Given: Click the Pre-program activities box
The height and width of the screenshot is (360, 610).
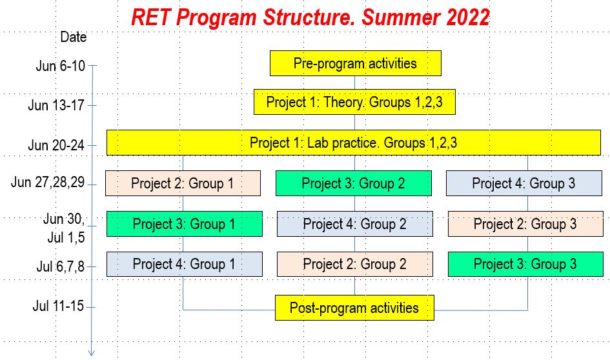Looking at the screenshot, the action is coord(356,63).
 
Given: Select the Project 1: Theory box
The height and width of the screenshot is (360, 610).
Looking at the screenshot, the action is coord(354,102).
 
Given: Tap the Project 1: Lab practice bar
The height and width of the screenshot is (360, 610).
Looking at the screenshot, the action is coord(354,143).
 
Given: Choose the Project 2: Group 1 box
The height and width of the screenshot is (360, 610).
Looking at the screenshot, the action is coord(183,183).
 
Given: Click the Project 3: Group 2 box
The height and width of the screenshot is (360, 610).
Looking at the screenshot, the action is coord(354,183).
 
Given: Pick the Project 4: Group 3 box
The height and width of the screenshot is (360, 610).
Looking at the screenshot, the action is coord(524,183).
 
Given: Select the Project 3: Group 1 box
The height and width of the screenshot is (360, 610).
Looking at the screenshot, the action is coord(185,224).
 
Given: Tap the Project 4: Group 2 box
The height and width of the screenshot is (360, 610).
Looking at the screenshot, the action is coord(355,224).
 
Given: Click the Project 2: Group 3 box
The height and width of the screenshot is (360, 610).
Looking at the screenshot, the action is coord(525,224).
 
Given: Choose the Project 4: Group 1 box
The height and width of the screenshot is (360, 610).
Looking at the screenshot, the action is coord(185,265).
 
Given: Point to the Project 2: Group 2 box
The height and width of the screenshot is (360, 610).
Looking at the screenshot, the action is coord(355,265).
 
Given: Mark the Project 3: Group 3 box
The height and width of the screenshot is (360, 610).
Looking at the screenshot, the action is coord(525,265).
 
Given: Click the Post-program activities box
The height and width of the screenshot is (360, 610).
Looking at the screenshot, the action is coord(354,308).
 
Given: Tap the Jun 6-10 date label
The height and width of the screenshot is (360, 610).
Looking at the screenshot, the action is coord(60,66).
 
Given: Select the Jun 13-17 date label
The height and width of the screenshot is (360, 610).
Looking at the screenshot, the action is coord(56,105).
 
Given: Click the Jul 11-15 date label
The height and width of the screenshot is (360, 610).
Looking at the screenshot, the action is coord(58,306).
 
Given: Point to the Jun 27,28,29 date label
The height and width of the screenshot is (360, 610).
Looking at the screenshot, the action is coord(48,182).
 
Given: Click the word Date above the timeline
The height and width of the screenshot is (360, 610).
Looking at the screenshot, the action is coord(73,37).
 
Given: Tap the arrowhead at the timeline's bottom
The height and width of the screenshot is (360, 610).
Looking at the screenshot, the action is coord(92,353).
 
